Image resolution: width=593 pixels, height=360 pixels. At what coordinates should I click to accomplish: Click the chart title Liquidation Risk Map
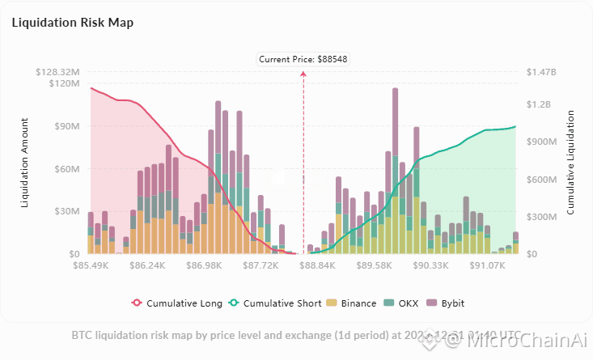(x=73, y=23)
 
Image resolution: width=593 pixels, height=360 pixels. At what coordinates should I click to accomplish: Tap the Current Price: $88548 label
(x=304, y=59)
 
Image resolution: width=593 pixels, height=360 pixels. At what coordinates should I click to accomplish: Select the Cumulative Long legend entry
(x=177, y=303)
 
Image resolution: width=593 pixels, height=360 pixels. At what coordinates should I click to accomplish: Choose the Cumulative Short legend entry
(x=277, y=303)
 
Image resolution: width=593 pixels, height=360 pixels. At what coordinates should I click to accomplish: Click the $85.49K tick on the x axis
(x=91, y=265)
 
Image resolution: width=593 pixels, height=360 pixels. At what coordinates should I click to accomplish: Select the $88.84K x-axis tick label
(x=317, y=265)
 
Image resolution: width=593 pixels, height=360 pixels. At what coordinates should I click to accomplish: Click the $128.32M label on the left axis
(x=57, y=72)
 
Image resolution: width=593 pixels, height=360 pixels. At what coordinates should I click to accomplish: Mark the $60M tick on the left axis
(x=66, y=169)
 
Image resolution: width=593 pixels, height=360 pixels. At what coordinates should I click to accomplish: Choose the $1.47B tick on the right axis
(x=541, y=72)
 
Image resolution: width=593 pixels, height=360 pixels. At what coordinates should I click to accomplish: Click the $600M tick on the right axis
(x=542, y=180)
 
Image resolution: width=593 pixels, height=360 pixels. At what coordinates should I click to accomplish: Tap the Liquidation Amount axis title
(x=25, y=162)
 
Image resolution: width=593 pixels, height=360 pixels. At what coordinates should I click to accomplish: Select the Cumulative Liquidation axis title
(x=571, y=162)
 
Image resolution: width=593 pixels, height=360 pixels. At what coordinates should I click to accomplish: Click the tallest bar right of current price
(x=395, y=170)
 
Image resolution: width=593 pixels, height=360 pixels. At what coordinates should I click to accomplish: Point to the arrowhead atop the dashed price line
(x=304, y=74)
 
